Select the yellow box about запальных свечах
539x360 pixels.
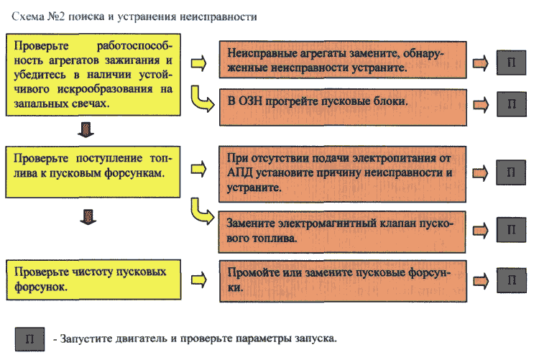click(93, 75)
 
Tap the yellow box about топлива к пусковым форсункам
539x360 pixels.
click(93, 172)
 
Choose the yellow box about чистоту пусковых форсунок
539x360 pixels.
click(93, 280)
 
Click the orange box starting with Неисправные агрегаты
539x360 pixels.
click(343, 60)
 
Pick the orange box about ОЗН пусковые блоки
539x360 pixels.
click(343, 107)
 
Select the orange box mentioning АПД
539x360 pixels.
click(342, 174)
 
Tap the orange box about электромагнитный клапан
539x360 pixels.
click(342, 232)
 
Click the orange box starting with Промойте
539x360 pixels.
click(343, 281)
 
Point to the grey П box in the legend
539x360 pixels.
click(30, 339)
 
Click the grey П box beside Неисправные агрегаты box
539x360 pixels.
click(511, 63)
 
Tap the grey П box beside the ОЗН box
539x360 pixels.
click(512, 104)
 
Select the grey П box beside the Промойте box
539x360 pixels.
click(512, 280)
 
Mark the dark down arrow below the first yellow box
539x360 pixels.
click(86, 129)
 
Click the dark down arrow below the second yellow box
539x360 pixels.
click(88, 217)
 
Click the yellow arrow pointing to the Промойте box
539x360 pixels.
click(199, 280)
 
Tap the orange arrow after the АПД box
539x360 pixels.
click(481, 173)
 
